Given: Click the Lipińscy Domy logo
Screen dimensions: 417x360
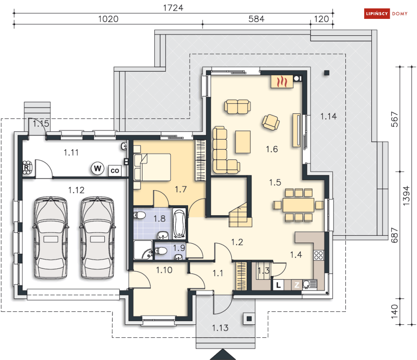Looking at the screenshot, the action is click(x=386, y=13).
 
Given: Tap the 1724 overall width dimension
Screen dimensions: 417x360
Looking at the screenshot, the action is click(x=173, y=8).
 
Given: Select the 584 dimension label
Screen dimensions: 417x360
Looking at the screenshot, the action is click(x=256, y=19).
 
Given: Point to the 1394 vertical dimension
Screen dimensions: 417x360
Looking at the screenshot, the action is click(x=406, y=196).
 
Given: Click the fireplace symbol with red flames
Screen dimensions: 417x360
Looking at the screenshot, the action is click(x=282, y=81).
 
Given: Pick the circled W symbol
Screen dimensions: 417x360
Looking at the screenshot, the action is click(x=98, y=168).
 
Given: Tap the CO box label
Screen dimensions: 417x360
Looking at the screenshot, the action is click(x=115, y=171).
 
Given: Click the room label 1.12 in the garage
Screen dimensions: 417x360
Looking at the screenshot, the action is click(x=76, y=190).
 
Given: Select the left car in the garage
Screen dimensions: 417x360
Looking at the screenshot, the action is click(x=51, y=238).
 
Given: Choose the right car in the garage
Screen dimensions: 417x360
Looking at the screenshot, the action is click(x=97, y=238).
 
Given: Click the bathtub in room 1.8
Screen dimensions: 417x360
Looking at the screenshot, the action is click(x=179, y=224).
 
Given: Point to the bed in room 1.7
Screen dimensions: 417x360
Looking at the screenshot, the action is click(x=153, y=167).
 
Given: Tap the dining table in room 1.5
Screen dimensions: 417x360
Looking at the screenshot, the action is click(x=298, y=205).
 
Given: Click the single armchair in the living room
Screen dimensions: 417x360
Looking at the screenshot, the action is click(x=271, y=123).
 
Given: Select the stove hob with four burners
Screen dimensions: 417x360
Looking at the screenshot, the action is click(x=319, y=255).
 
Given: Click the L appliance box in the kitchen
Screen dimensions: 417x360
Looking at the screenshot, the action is click(x=278, y=285).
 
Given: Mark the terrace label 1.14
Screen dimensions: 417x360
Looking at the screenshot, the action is click(x=329, y=116).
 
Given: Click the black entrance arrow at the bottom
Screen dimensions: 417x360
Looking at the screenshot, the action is click(x=223, y=355).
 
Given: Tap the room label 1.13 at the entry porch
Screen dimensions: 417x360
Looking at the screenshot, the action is click(x=220, y=328).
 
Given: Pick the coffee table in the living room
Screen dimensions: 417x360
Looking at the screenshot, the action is click(x=243, y=142).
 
